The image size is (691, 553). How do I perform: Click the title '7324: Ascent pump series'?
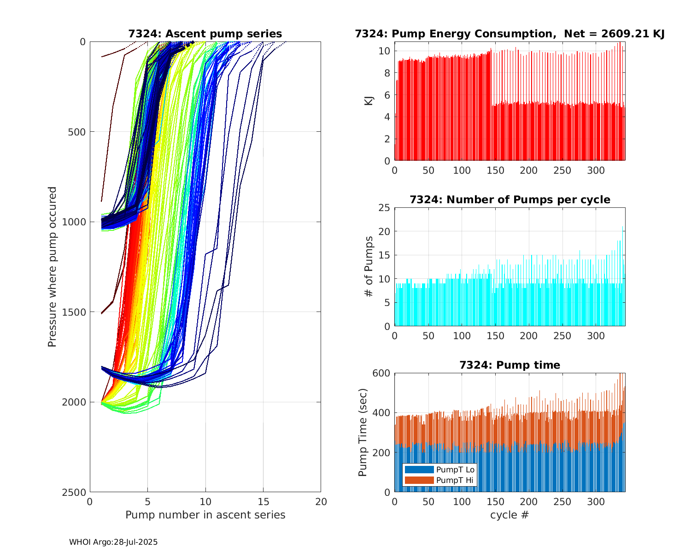point(205,34)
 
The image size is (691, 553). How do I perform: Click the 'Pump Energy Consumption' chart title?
point(509,34)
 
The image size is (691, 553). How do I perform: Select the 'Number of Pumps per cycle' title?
point(509,200)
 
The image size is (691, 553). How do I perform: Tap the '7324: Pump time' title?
point(509,365)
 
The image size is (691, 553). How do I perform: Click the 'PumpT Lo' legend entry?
point(440,470)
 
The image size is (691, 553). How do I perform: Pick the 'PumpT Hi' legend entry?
point(440,480)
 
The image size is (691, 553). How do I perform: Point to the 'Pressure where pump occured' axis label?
point(52,266)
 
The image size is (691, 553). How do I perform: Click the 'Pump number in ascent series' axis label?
point(205,515)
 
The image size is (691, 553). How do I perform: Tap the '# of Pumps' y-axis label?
point(369,266)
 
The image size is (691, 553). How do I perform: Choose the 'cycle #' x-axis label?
point(509,515)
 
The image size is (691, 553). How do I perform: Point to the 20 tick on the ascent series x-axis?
point(321,502)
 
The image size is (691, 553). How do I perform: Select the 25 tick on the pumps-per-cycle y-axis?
point(385,208)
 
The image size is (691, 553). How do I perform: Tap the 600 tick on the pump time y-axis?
point(382,373)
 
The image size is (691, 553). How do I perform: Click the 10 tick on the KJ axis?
point(385,51)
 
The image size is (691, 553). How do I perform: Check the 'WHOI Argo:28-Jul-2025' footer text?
point(113,542)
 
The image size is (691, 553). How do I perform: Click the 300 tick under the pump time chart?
point(596,502)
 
